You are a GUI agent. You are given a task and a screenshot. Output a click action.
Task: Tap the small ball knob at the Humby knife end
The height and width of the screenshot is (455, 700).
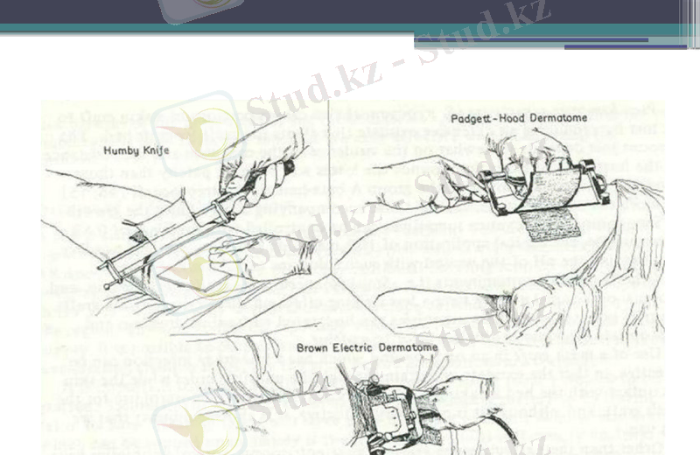point(108,283)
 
